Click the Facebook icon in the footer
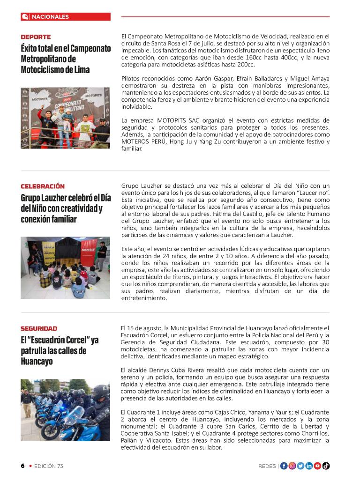click(284, 466)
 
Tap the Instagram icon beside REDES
click(292, 466)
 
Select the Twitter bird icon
click(300, 466)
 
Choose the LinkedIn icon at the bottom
click(309, 466)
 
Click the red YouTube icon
click(317, 466)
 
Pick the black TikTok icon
click(326, 466)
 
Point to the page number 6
click(22, 466)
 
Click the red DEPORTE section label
click(36, 37)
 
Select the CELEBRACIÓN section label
click(43, 186)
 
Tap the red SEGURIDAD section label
click(39, 329)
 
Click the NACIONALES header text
click(50, 17)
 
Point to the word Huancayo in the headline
click(36, 362)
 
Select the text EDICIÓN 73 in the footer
click(48, 466)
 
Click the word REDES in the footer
click(267, 466)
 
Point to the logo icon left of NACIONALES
click(25, 17)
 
